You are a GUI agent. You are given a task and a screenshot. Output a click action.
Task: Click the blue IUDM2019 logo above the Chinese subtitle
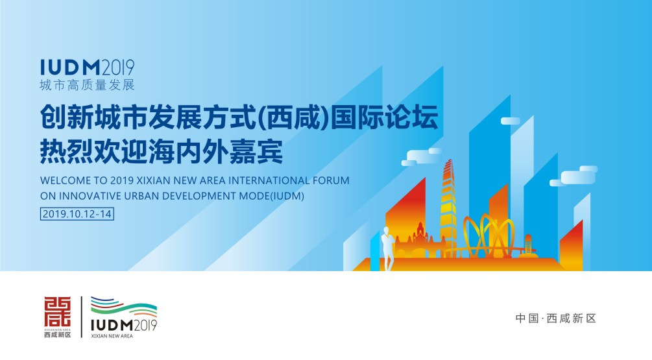(88, 67)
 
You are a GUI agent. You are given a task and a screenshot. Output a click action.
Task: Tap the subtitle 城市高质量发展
(88, 85)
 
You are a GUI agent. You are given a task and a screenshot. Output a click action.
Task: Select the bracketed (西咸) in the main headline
(294, 117)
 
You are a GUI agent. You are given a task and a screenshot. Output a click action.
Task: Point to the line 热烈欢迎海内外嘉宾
(162, 152)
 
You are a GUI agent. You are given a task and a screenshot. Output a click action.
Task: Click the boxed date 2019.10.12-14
(77, 214)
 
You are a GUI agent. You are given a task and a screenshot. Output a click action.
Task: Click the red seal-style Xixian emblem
(57, 311)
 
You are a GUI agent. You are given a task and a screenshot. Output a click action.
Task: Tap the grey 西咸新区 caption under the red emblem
(57, 335)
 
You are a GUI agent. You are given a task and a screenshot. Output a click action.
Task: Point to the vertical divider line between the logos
(82, 317)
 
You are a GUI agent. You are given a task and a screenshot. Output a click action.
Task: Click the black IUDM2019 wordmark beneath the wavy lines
(124, 325)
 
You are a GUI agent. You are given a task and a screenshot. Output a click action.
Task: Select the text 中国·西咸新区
(556, 318)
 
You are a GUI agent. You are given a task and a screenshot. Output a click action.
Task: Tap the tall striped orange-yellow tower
(448, 207)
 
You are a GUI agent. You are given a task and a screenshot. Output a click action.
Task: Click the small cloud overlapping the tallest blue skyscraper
(510, 121)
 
